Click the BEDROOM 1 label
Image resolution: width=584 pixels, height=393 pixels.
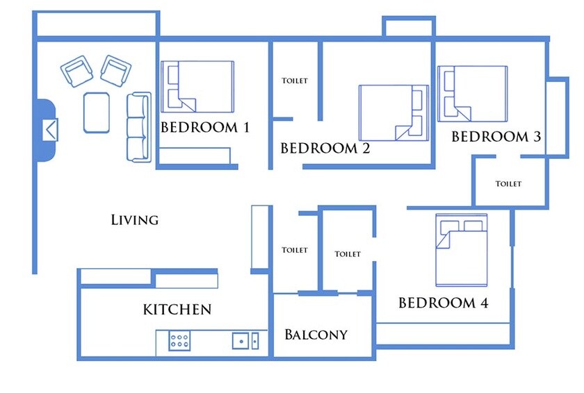click(x=204, y=128)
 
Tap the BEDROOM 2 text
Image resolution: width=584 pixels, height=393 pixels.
click(x=325, y=149)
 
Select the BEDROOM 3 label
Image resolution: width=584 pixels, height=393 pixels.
click(x=496, y=137)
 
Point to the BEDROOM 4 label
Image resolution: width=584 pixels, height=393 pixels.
click(x=443, y=303)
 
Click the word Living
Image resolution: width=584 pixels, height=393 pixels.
click(x=135, y=220)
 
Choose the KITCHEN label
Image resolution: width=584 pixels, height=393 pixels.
click(x=177, y=310)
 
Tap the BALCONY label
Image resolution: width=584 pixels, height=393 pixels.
click(x=316, y=335)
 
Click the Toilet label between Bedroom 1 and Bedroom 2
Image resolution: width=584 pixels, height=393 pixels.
click(x=294, y=81)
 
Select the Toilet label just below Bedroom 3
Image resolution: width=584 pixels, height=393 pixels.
click(x=508, y=184)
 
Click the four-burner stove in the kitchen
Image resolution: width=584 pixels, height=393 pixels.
click(x=180, y=341)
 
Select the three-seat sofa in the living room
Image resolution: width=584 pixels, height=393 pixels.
click(x=138, y=127)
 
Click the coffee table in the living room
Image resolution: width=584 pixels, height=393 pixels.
click(x=97, y=112)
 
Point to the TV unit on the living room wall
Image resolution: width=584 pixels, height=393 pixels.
click(x=47, y=130)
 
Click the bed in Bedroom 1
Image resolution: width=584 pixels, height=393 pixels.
click(x=197, y=86)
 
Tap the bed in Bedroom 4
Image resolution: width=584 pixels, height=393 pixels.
click(x=461, y=250)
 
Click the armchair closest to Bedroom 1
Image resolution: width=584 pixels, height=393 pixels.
click(x=116, y=70)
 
